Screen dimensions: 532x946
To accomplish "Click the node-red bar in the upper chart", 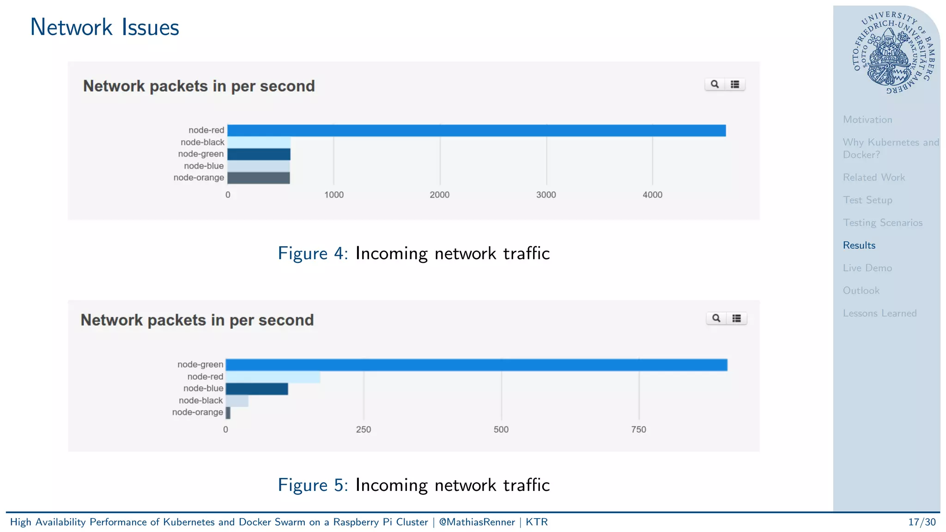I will [x=476, y=131].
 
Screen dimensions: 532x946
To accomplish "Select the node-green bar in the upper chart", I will [x=259, y=154].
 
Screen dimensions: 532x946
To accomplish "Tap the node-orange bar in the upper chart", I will [x=259, y=178].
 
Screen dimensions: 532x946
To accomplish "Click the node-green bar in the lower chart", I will [x=476, y=365].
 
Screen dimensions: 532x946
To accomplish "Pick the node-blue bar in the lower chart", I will [x=257, y=389].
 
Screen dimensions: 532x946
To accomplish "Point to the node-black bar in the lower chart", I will [x=237, y=401].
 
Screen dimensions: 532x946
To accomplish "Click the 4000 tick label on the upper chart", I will [x=652, y=195].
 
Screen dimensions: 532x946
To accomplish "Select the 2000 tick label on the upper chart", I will [x=439, y=195].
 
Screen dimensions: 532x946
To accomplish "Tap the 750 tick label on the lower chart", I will [x=638, y=429].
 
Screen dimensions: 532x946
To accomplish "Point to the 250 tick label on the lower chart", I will [x=363, y=429].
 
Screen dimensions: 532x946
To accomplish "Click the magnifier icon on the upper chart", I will [x=715, y=85].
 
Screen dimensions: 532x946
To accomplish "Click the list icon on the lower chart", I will [x=737, y=318].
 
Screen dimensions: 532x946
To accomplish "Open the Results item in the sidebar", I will [x=859, y=245].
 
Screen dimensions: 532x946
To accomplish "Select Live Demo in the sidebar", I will [x=867, y=268].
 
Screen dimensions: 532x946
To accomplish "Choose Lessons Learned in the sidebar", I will [x=879, y=313].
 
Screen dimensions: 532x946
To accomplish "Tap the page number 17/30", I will [x=922, y=522].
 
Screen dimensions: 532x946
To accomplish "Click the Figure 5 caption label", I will [x=313, y=485].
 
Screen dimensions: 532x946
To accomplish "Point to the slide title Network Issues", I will [x=104, y=27].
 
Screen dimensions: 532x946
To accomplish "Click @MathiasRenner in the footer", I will [x=477, y=522].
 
